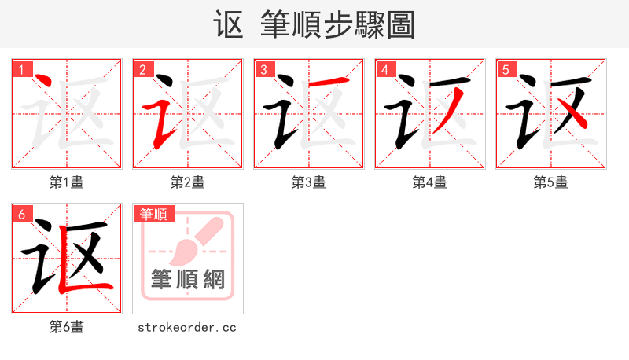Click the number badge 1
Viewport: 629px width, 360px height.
(x=21, y=69)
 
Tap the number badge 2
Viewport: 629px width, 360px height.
(x=142, y=69)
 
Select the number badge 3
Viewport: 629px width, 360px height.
(x=263, y=69)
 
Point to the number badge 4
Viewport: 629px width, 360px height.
(x=384, y=69)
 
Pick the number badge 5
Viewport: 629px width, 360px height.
(x=506, y=69)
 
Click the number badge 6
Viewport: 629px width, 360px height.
(x=21, y=214)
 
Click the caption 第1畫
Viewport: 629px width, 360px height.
(x=67, y=182)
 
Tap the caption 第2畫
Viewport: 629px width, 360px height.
(x=188, y=182)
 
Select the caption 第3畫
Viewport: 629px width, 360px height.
(x=309, y=182)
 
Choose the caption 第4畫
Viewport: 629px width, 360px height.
(x=430, y=182)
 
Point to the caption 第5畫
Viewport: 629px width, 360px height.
(x=551, y=182)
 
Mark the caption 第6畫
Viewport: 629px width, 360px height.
(x=67, y=327)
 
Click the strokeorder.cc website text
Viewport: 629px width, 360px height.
(x=187, y=327)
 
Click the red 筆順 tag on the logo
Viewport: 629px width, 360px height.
(x=155, y=214)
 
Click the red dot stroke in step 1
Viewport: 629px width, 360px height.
(x=44, y=83)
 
